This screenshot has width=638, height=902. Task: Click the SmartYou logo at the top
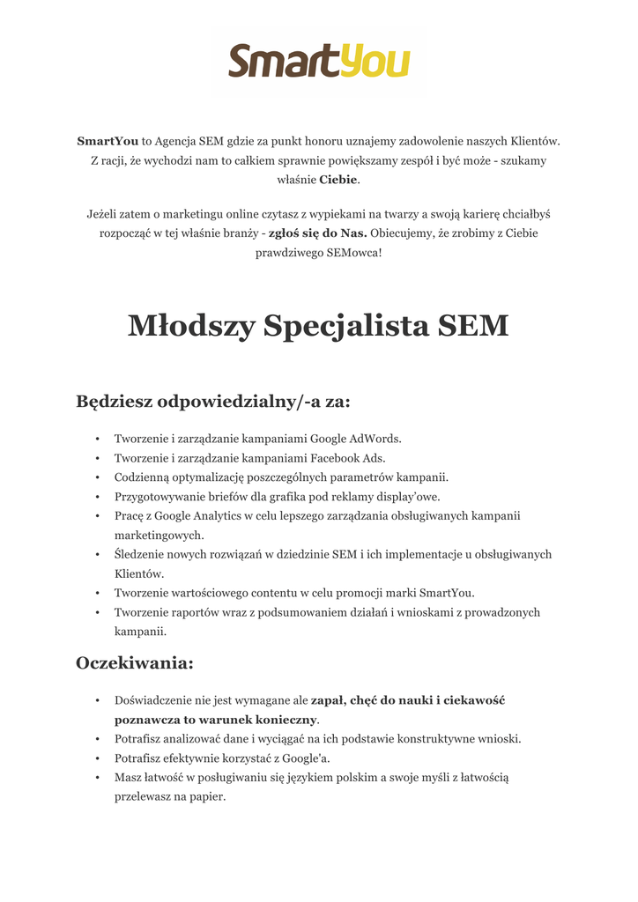(x=319, y=62)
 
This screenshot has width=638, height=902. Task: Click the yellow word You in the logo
(x=375, y=63)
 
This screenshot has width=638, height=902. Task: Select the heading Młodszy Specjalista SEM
(x=318, y=326)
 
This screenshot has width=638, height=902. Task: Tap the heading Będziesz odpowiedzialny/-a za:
(x=213, y=402)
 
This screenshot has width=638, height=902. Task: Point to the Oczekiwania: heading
(x=135, y=662)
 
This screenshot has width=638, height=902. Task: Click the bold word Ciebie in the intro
(x=338, y=180)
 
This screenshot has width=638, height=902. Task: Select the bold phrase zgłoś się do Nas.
(x=317, y=233)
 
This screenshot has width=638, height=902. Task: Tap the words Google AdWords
(x=356, y=439)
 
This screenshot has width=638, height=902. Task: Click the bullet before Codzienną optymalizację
(x=96, y=477)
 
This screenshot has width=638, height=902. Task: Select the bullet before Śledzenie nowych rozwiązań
(x=96, y=555)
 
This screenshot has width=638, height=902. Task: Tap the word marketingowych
(x=159, y=536)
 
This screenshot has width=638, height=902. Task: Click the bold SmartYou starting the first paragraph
(x=108, y=141)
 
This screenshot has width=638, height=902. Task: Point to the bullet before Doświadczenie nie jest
(x=96, y=701)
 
